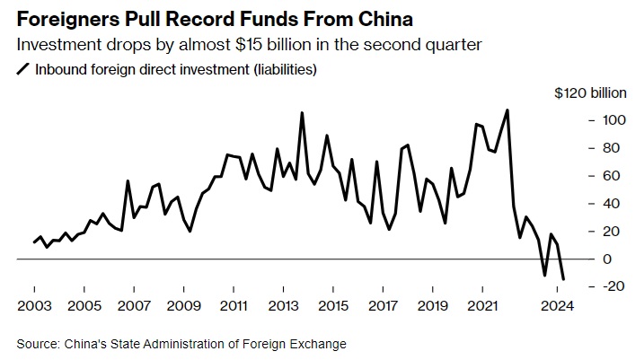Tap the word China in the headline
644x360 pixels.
[x=384, y=17]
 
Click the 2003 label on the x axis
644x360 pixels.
[x=34, y=305]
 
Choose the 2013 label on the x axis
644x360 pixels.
[x=284, y=305]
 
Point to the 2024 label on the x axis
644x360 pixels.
[x=558, y=305]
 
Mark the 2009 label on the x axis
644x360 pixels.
[x=183, y=305]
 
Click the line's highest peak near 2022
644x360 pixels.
[x=507, y=110]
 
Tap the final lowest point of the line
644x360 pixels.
[x=563, y=279]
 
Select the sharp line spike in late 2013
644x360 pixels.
[x=301, y=113]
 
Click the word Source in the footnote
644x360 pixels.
[x=36, y=344]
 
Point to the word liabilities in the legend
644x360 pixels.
[x=284, y=69]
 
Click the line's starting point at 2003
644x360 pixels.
[x=34, y=242]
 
